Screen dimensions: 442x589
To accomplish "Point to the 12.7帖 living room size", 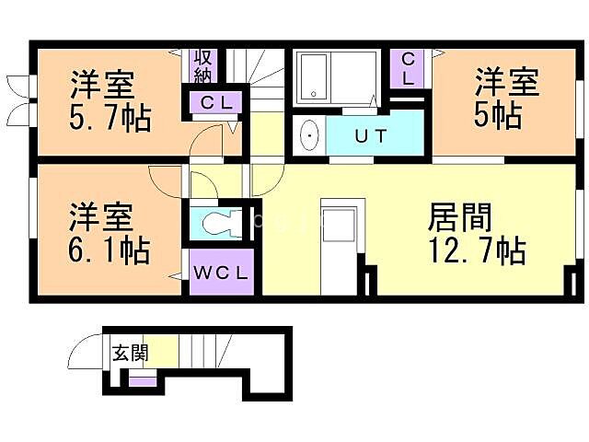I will point(476,250).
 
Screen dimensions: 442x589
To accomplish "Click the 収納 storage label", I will point(202,65).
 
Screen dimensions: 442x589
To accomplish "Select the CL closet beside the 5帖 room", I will point(409,68).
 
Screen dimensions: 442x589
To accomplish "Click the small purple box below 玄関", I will point(143,379).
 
